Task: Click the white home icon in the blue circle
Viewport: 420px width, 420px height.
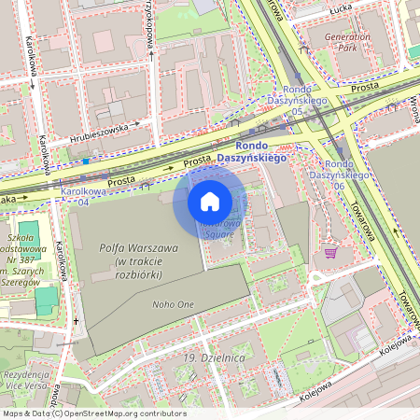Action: pos(210,201)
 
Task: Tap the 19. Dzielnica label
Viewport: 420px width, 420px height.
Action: pos(201,357)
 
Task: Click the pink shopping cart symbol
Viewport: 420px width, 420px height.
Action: pos(330,251)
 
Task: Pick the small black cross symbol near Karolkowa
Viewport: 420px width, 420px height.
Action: pos(76,322)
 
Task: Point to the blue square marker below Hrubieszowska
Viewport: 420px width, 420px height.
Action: pos(85,160)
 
